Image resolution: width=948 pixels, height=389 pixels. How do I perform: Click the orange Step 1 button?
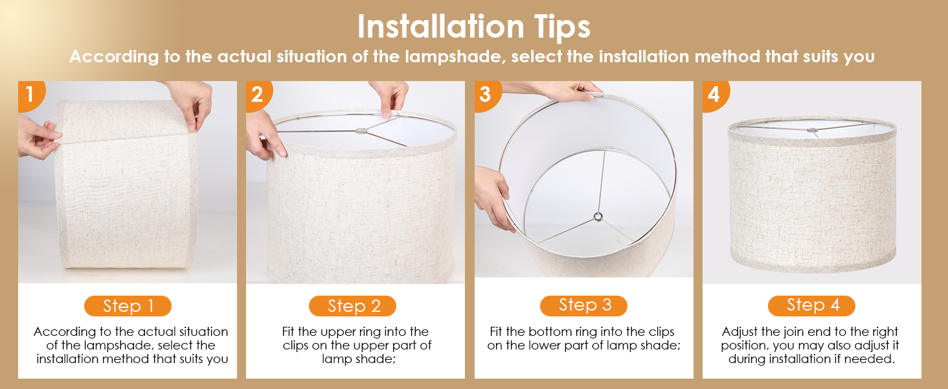click(x=128, y=306)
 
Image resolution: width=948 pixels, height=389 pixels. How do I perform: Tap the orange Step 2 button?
click(x=352, y=306)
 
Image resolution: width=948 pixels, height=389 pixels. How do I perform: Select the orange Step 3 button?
click(x=583, y=305)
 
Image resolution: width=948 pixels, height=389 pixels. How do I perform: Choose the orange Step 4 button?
click(x=812, y=305)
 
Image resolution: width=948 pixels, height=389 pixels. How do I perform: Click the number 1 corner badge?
click(x=30, y=95)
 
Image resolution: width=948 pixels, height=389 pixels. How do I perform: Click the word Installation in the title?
click(x=441, y=27)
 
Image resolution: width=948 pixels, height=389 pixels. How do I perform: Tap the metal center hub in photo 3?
click(x=598, y=217)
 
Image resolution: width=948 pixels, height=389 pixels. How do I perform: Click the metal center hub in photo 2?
click(x=361, y=131)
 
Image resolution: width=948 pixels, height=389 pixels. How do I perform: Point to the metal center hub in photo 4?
click(x=812, y=130)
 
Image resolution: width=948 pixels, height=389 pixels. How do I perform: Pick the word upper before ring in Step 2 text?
click(x=340, y=333)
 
